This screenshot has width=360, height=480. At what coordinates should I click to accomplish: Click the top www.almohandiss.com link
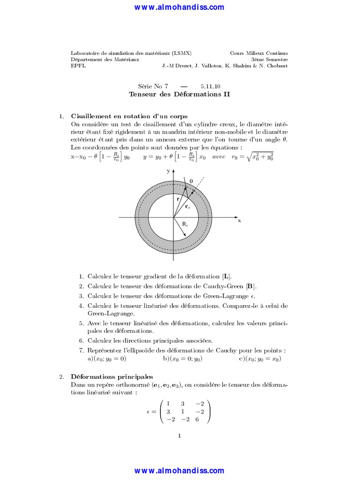[x=180, y=7]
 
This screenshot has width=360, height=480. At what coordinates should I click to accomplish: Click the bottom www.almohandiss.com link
[x=180, y=470]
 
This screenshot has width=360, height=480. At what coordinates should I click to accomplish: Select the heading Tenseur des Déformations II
[x=180, y=94]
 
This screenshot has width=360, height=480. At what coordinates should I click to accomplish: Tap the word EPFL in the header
[x=78, y=66]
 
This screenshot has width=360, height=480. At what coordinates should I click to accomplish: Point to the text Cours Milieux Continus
[x=259, y=53]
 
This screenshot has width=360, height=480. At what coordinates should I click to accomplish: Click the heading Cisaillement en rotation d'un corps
[x=129, y=116]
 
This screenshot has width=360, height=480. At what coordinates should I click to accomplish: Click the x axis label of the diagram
[x=239, y=220]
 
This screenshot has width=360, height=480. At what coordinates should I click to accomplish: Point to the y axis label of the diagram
[x=168, y=171]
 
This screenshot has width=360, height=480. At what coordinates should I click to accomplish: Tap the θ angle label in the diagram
[x=191, y=180]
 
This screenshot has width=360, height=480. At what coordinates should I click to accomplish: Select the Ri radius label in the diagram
[x=185, y=224]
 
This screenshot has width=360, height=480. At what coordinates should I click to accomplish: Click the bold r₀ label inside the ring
[x=187, y=206]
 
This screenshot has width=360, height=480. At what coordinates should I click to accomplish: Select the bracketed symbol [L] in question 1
[x=227, y=277]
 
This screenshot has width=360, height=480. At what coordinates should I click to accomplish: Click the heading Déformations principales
[x=112, y=376]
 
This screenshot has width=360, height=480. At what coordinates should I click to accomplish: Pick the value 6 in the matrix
[x=197, y=419]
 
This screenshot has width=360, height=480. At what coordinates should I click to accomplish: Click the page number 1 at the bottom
[x=180, y=436]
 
